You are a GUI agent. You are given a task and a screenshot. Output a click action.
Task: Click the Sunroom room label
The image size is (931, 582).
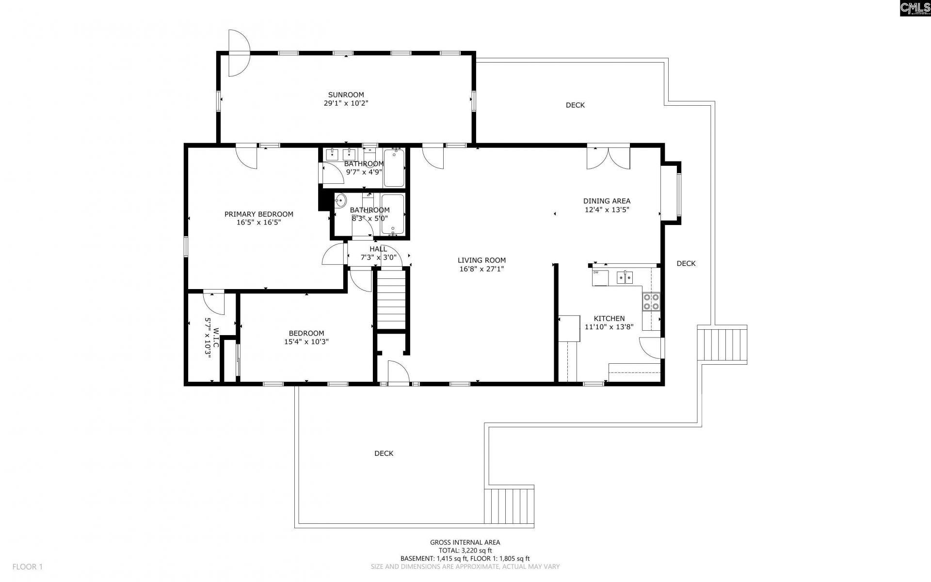click(346, 95)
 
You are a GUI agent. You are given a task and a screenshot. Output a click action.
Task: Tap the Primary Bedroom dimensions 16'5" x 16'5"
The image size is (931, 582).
click(258, 223)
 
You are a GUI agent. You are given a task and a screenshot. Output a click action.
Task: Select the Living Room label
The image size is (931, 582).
click(482, 260)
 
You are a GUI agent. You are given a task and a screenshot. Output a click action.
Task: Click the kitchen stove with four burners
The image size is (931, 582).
click(651, 302)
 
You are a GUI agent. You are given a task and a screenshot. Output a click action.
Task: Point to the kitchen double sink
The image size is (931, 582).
click(625, 277)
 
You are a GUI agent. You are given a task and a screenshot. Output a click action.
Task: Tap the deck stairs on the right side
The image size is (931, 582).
click(722, 344)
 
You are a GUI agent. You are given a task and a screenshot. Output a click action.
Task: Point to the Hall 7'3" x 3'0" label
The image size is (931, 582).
click(378, 253)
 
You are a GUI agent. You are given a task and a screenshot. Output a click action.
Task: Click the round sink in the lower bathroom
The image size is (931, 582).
click(340, 200)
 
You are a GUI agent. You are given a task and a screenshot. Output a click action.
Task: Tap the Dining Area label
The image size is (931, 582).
click(607, 201)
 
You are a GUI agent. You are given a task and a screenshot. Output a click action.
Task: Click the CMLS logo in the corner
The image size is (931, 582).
click(914, 8)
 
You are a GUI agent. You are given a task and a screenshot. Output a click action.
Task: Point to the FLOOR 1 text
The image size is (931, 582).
click(28, 566)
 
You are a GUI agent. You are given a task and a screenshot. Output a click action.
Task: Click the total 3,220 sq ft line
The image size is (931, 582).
click(465, 550)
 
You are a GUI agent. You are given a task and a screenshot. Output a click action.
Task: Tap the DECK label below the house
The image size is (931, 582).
click(384, 453)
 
